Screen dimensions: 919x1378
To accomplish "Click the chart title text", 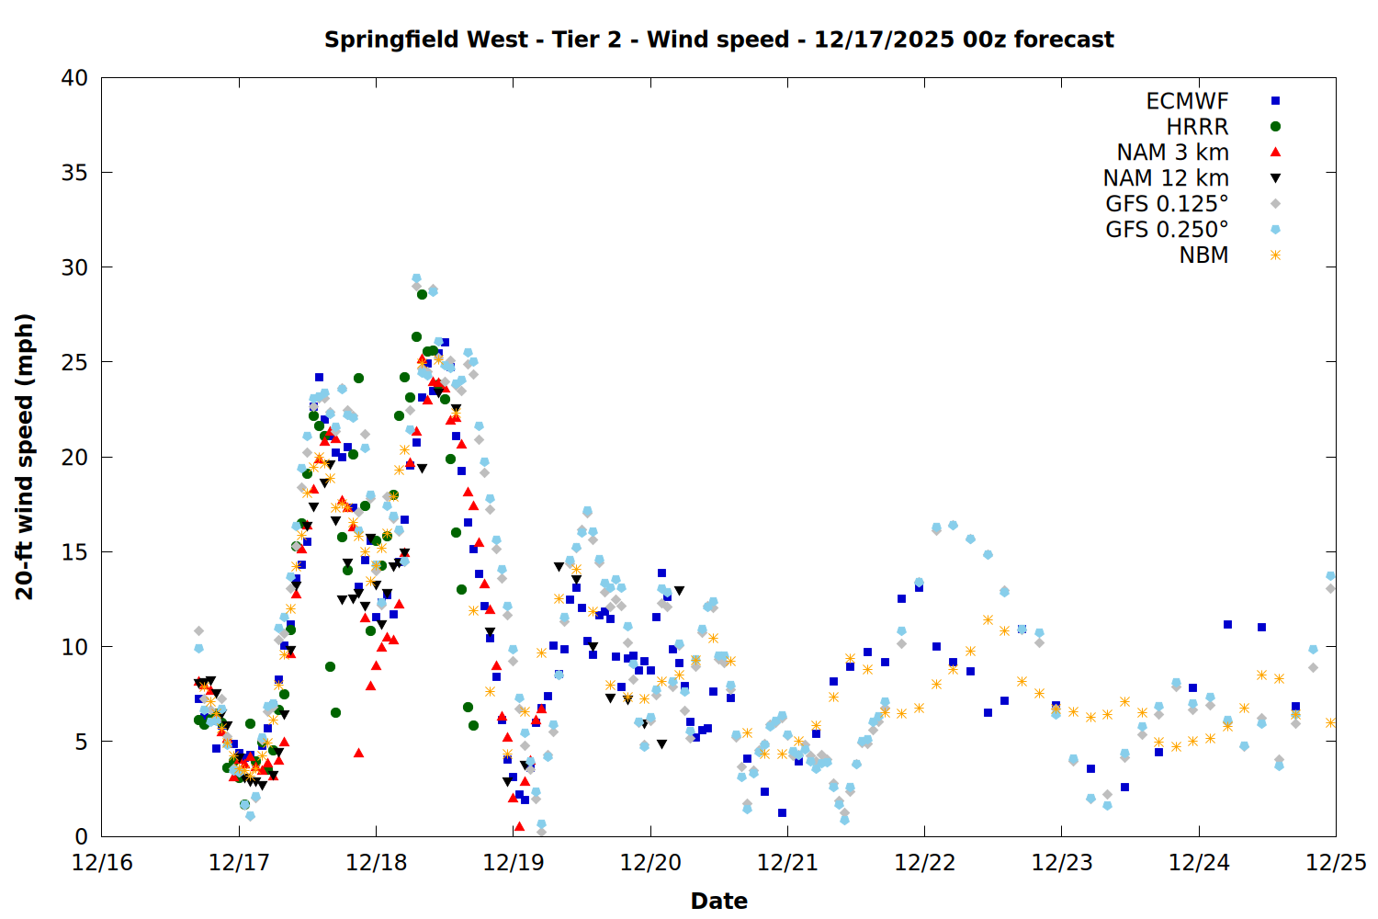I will click(718, 40).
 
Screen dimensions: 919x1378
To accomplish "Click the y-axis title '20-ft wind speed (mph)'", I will click(24, 457).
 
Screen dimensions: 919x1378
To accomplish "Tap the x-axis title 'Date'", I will click(718, 901).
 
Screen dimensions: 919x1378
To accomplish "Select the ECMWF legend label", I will click(1187, 101).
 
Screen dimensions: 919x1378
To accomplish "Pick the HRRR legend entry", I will click(1197, 127).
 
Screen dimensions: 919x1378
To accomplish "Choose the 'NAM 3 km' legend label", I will click(1172, 153).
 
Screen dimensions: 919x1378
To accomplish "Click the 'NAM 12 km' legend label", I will click(1166, 178).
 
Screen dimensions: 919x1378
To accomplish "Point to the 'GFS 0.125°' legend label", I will click(1167, 204).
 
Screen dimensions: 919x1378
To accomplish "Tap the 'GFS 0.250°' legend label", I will click(1167, 230).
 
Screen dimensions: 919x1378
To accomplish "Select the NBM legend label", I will click(1203, 255).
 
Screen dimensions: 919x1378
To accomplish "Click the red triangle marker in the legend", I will click(1275, 153).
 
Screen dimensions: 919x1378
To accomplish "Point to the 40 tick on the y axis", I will click(74, 78).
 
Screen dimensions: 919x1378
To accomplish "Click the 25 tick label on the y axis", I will click(74, 362).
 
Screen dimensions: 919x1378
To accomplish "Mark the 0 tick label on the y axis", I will click(81, 836).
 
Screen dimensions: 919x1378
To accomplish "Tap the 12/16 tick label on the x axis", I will click(101, 863).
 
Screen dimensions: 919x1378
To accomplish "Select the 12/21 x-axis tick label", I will click(787, 863).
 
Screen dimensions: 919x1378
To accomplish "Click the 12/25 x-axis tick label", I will click(1336, 863).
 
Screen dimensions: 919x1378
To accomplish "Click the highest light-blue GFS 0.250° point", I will click(416, 278).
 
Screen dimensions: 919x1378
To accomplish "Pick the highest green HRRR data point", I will click(422, 294).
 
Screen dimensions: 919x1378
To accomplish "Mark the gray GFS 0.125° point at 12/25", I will click(1330, 588).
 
